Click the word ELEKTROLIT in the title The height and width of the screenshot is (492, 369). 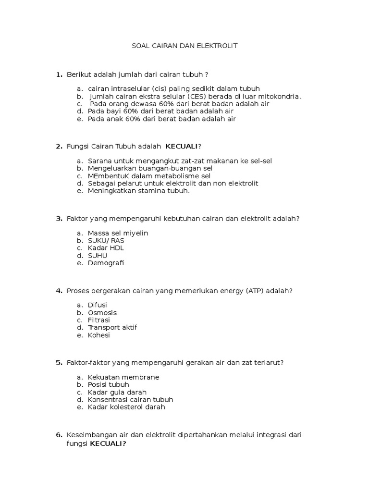pyautogui.click(x=219, y=46)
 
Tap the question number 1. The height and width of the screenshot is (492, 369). pyautogui.click(x=59, y=74)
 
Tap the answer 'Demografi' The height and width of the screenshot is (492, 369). pyautogui.click(x=106, y=263)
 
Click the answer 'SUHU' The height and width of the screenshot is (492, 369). pyautogui.click(x=98, y=256)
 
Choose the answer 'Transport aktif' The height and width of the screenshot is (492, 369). pyautogui.click(x=112, y=327)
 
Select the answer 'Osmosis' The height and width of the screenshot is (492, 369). pyautogui.click(x=102, y=313)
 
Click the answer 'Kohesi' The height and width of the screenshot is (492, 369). pyautogui.click(x=99, y=335)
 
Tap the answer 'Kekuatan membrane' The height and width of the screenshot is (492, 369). pyautogui.click(x=123, y=377)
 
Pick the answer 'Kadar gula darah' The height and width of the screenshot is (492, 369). pyautogui.click(x=117, y=392)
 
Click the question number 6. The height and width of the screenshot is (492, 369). pyautogui.click(x=59, y=435)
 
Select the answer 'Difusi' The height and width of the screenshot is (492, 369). pyautogui.click(x=98, y=305)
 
